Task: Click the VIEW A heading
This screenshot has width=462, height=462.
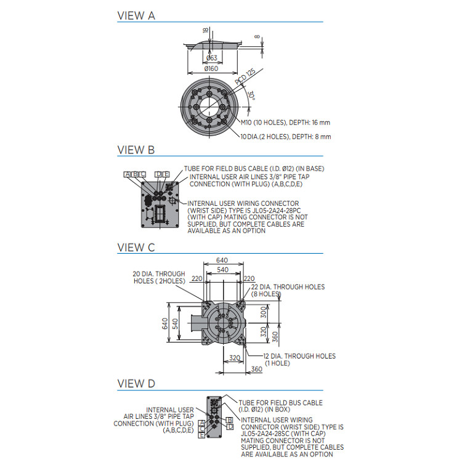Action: pos(136,16)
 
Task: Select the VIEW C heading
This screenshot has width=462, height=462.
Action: pos(136,248)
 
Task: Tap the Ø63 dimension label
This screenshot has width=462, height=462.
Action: pos(211,59)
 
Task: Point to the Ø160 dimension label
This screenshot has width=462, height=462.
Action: pos(211,68)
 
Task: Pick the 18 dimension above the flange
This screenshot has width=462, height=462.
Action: pos(205,30)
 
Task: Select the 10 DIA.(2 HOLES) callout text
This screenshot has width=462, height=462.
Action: pos(285,137)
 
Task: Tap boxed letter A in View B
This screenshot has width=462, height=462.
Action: pos(127,174)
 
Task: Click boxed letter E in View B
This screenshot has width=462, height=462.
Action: pos(166,174)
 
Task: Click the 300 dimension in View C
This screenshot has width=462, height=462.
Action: pos(264,314)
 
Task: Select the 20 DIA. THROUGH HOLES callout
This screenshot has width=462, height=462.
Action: pos(159,277)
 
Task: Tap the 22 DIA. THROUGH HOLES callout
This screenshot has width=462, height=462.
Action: pos(288,290)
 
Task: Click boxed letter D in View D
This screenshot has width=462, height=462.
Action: pos(230,426)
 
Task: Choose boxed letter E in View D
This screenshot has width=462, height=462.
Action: pos(202,435)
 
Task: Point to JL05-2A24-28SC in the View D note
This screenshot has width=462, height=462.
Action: pos(269,434)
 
